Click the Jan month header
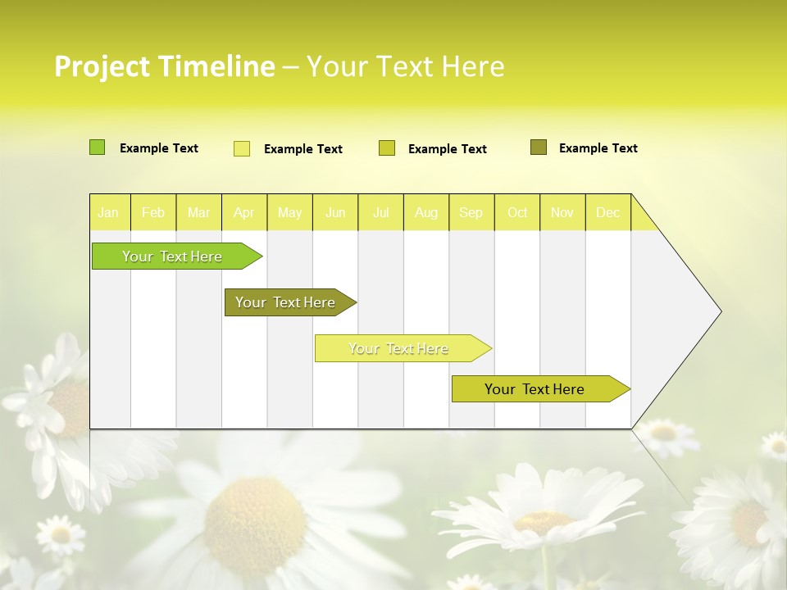(108, 213)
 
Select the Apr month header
(243, 213)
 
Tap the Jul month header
(380, 213)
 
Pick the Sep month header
(471, 213)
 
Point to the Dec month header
(607, 213)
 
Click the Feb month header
(153, 213)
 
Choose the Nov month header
(562, 213)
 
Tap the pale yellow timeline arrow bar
(399, 348)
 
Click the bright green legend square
(97, 147)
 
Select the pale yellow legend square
(242, 148)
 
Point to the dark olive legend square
(539, 147)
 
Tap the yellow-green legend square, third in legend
(387, 148)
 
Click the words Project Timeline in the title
(164, 66)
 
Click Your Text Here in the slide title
(405, 66)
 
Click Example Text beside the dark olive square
(598, 148)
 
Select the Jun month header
(335, 213)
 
